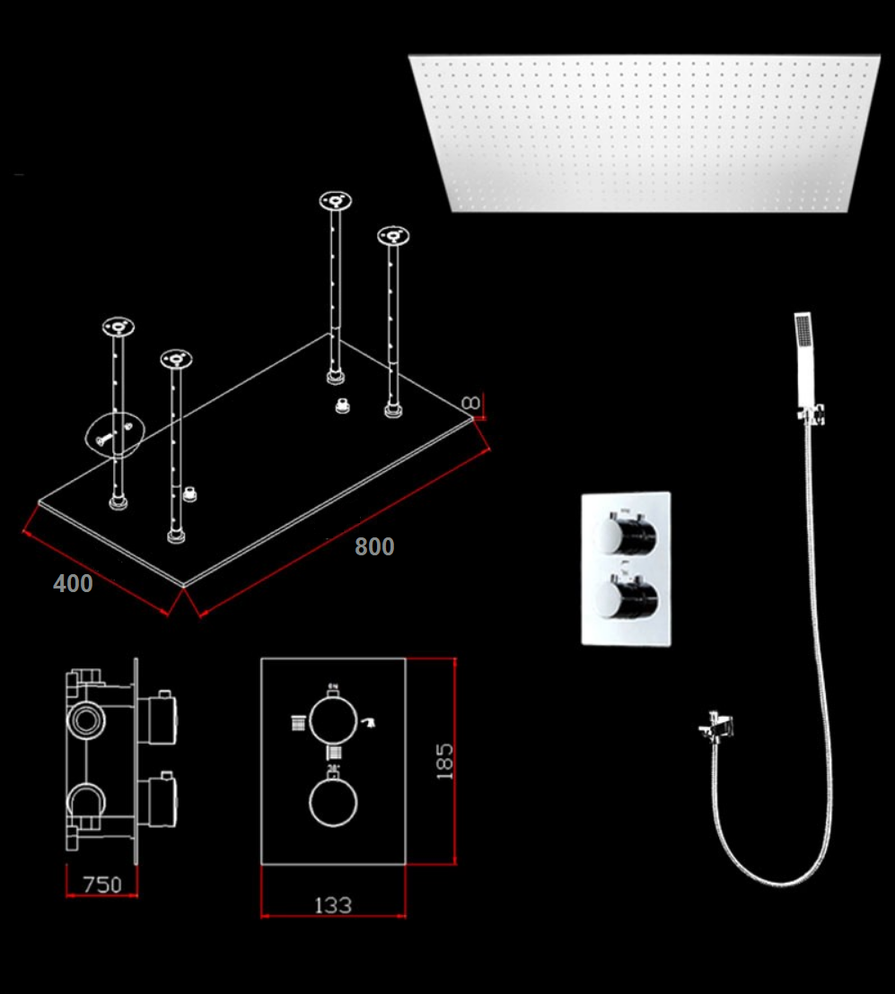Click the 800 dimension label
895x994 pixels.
point(374,546)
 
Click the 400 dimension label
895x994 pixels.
point(73,583)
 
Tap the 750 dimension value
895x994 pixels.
point(102,885)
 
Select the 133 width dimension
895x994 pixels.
point(333,905)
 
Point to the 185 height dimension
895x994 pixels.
point(444,762)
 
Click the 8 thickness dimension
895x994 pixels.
point(471,403)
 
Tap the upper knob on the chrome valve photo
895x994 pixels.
point(626,533)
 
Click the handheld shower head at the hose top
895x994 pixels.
point(803,358)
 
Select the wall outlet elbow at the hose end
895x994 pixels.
point(716,728)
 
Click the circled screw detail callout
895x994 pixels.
point(115,435)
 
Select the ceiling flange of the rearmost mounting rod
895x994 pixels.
point(336,201)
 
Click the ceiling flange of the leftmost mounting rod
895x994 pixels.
point(118,327)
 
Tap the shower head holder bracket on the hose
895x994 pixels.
point(812,413)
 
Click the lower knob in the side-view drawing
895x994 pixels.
point(157,800)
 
